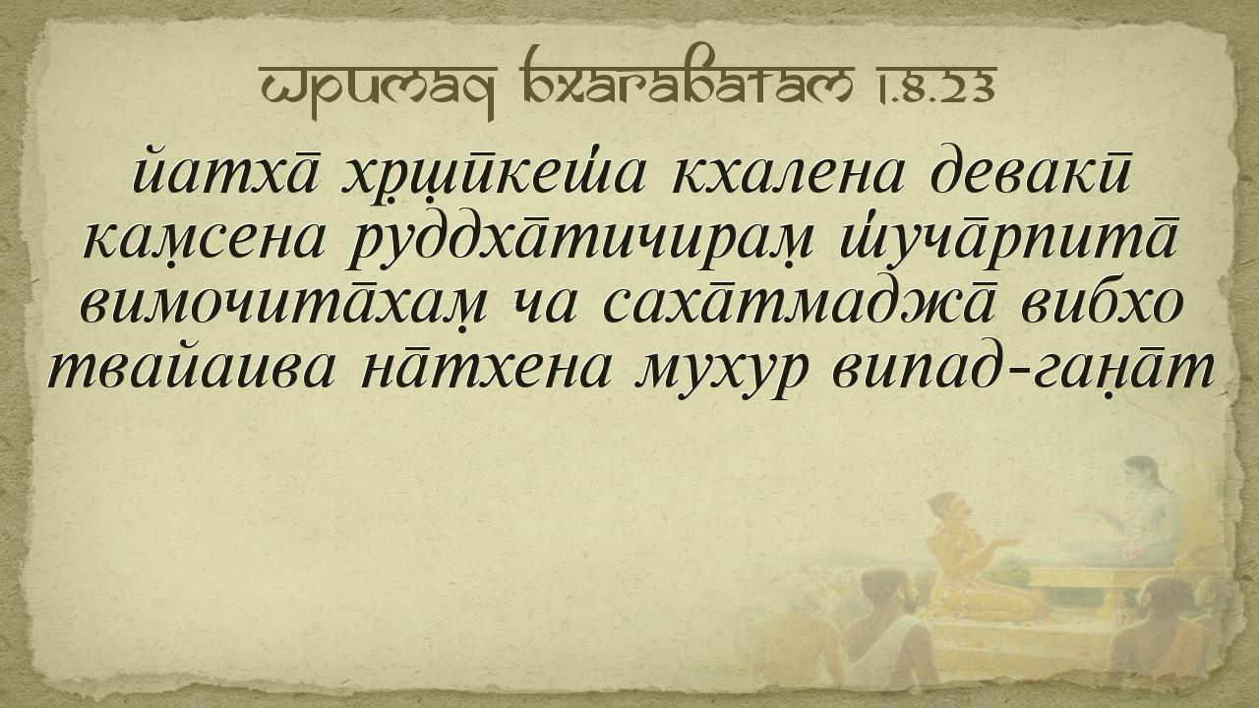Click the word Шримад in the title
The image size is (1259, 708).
point(378,88)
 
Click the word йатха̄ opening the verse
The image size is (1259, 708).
point(228,168)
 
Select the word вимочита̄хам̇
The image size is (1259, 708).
point(282,308)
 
